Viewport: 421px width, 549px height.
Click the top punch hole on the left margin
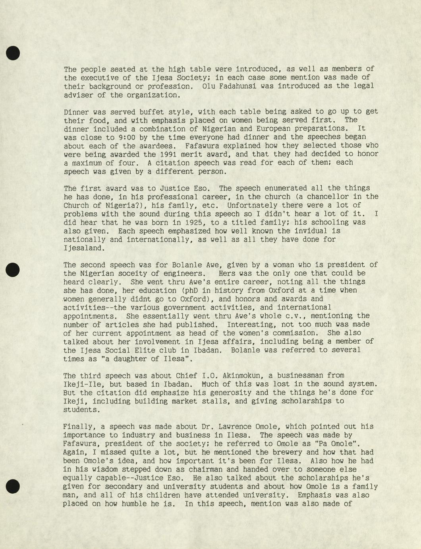13,53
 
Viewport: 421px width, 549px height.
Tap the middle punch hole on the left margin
13,269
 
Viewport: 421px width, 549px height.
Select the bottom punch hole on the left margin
13,486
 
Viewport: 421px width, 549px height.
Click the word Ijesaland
84,248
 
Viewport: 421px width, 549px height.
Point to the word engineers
183,273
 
